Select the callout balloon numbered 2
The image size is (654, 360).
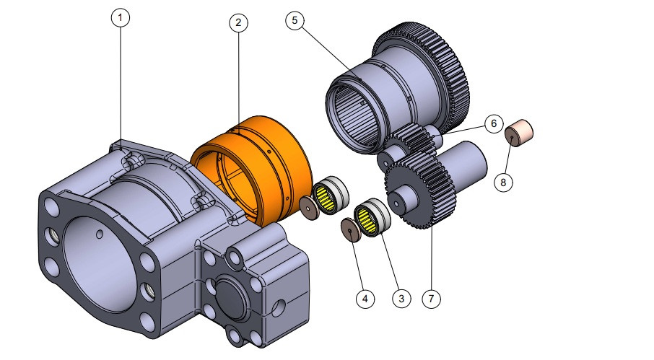tap(239, 23)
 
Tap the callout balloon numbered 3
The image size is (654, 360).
tap(401, 297)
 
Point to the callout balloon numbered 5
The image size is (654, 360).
tap(295, 20)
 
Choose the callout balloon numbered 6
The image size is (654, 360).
tap(493, 123)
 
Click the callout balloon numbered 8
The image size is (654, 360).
tap(504, 183)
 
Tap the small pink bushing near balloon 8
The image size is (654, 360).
tap(519, 133)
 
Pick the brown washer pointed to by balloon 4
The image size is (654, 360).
tap(351, 229)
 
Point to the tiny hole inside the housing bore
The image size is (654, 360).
tap(98, 234)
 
